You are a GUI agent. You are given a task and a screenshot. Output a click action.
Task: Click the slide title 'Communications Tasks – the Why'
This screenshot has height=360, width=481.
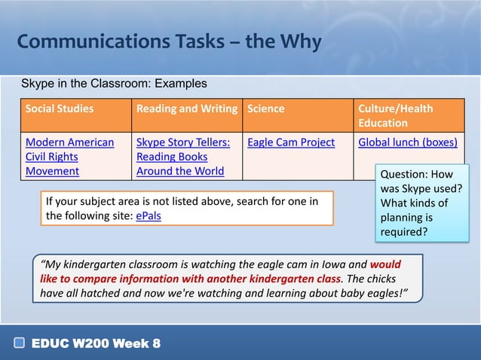[x=169, y=41]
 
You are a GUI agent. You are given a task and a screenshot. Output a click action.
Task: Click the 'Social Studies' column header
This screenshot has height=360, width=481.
[x=60, y=108]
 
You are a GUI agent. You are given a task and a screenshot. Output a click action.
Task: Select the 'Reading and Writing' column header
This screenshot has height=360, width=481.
[x=186, y=108]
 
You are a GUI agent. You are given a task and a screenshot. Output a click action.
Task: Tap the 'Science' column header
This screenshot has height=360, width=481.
[x=264, y=108]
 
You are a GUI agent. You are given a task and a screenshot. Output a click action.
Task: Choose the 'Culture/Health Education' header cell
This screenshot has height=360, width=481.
[x=396, y=115]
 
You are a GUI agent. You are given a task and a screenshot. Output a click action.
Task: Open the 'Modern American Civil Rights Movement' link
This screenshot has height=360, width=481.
[x=69, y=157]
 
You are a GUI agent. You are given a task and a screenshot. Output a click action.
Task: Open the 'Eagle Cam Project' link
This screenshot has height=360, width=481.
[x=291, y=142]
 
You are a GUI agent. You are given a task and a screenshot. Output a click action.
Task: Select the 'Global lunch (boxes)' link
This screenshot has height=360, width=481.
[x=407, y=142]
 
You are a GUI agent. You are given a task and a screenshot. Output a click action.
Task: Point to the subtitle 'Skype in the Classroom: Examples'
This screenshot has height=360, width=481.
[x=114, y=83]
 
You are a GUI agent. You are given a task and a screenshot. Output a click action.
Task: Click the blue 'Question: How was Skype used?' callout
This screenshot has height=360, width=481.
[x=421, y=203]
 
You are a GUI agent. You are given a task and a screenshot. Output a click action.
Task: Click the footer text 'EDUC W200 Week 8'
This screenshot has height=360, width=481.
[x=96, y=344]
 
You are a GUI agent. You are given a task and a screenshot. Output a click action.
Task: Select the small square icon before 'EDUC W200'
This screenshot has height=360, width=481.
[x=20, y=344]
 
